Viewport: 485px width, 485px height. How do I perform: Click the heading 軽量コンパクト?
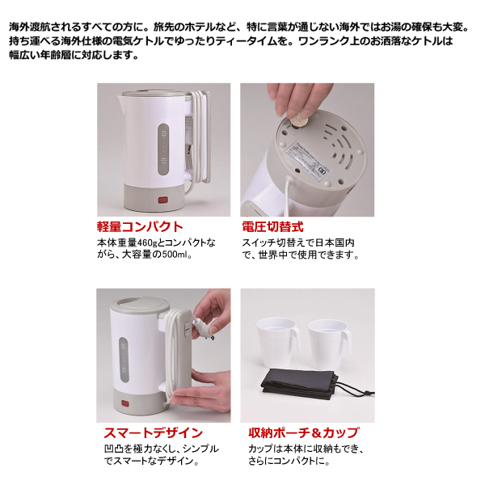point(140,226)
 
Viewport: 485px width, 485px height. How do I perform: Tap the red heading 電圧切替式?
point(272,226)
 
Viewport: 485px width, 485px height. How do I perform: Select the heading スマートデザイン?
point(153,432)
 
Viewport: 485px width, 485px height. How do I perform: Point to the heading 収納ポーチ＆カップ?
point(304,432)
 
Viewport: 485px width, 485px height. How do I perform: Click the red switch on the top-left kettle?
point(163,200)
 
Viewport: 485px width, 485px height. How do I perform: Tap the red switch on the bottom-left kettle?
point(125,403)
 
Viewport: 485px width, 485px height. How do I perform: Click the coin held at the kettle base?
point(297,121)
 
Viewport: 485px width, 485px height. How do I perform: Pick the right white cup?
point(330,344)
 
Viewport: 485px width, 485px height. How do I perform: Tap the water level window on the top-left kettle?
point(163,150)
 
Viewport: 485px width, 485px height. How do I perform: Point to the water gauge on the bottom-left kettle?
point(124,360)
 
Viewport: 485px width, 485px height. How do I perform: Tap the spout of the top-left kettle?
point(120,99)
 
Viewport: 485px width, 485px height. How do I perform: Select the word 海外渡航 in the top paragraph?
point(29,27)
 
